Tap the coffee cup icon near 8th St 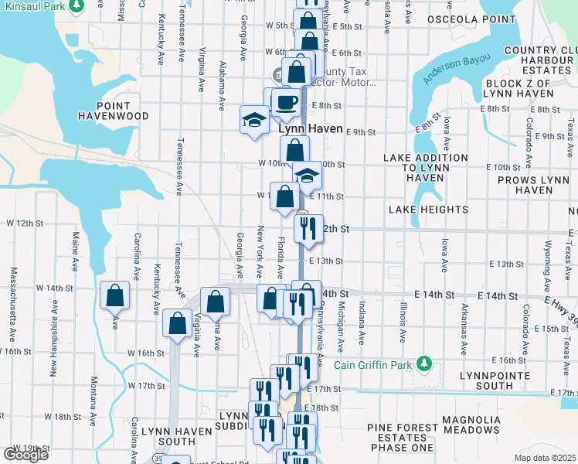[286, 102]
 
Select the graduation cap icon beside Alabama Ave [253, 120]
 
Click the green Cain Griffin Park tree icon [423, 363]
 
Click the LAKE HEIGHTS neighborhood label [429, 210]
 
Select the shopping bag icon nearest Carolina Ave [114, 295]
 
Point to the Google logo [25, 455]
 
